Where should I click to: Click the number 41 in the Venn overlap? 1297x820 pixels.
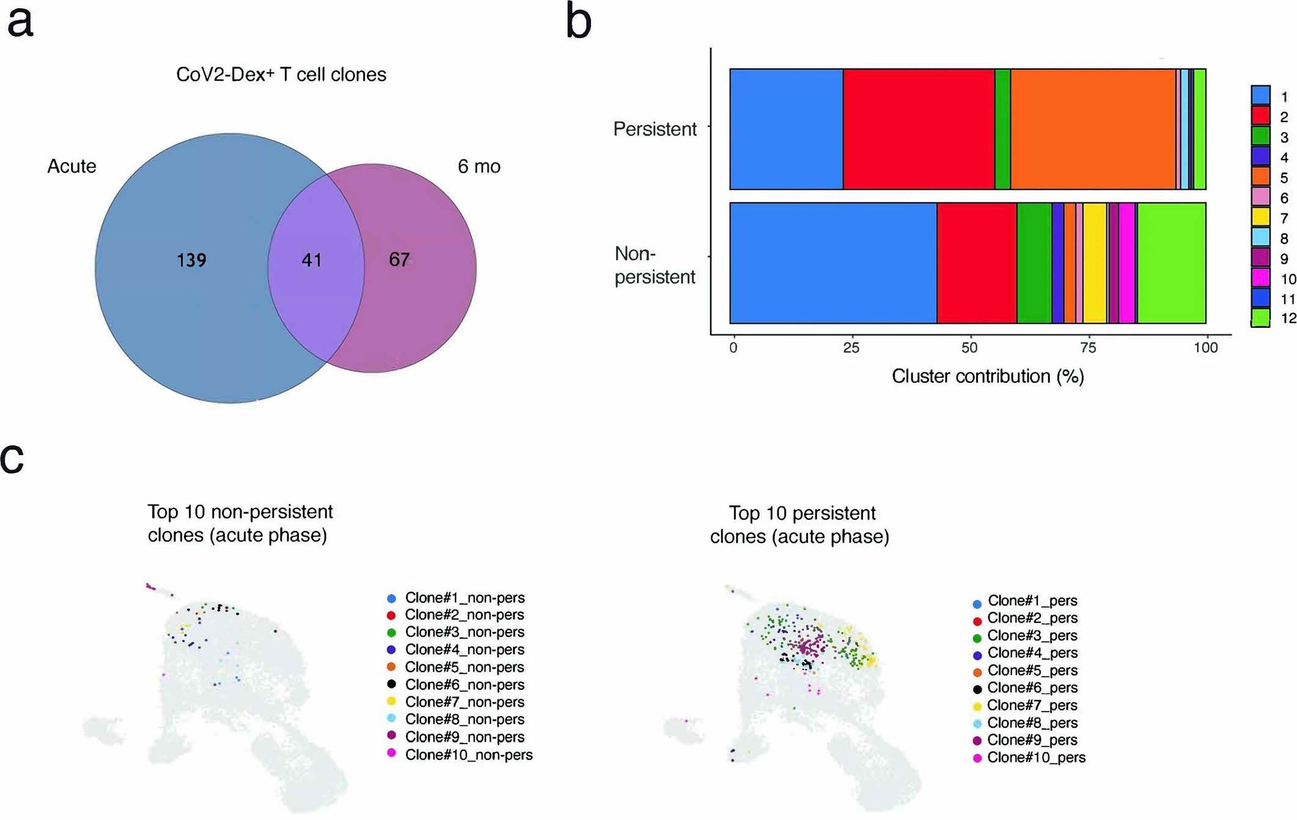[x=311, y=260]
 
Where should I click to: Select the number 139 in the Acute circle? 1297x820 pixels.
[x=191, y=260]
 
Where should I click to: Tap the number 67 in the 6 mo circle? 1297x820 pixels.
[x=399, y=259]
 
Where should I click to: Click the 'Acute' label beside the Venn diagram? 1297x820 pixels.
[x=72, y=166]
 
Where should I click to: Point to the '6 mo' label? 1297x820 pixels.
[x=479, y=166]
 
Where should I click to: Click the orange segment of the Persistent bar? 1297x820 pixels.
[x=1092, y=129]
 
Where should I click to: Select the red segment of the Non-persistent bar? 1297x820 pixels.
[x=976, y=263]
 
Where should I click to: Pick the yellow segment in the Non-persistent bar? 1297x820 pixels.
[x=1094, y=263]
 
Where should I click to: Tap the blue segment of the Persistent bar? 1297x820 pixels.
[x=786, y=129]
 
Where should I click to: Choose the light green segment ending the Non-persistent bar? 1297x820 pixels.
[x=1171, y=263]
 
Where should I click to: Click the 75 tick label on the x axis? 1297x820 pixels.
[x=1088, y=348]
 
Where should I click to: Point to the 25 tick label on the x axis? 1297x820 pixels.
[x=851, y=348]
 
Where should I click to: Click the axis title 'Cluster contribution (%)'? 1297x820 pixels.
[x=988, y=376]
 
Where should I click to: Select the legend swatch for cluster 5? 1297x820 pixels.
[x=1260, y=177]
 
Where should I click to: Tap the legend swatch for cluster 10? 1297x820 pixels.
[x=1260, y=278]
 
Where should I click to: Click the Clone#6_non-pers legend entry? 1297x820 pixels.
[x=465, y=685]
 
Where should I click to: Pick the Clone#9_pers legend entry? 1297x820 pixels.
[x=1032, y=741]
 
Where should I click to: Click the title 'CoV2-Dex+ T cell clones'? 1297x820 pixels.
[x=281, y=75]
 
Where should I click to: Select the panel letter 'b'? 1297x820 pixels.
[x=578, y=22]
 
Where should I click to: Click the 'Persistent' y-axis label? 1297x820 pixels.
[x=655, y=129]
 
